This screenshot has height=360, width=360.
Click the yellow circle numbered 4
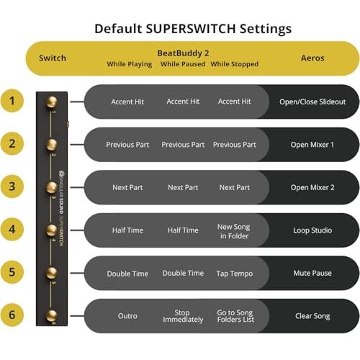(x=12, y=229)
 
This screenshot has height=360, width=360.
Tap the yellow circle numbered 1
(x=12, y=101)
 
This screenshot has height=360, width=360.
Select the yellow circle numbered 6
(x=12, y=315)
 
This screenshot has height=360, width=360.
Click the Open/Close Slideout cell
(x=312, y=102)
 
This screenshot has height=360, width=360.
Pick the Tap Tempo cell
(x=235, y=274)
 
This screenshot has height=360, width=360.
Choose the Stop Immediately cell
(x=183, y=316)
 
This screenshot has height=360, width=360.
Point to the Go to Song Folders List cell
(x=235, y=316)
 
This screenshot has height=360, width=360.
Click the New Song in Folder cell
(x=234, y=231)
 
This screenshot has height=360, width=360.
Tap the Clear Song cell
(x=312, y=316)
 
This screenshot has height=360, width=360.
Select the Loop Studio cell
(x=312, y=230)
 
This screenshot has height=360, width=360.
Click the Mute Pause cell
(x=312, y=273)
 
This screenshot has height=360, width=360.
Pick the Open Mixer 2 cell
(x=312, y=187)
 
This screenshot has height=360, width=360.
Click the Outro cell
(x=127, y=316)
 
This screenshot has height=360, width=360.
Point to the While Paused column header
(x=183, y=64)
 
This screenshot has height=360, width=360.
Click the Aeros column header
(x=312, y=58)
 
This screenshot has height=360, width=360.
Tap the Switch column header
(x=53, y=58)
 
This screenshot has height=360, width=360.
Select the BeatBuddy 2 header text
(x=183, y=53)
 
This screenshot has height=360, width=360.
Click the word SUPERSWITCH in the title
(x=191, y=29)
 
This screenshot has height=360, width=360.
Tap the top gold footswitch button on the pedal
(x=52, y=102)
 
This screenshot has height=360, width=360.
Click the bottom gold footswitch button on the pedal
(x=52, y=315)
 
